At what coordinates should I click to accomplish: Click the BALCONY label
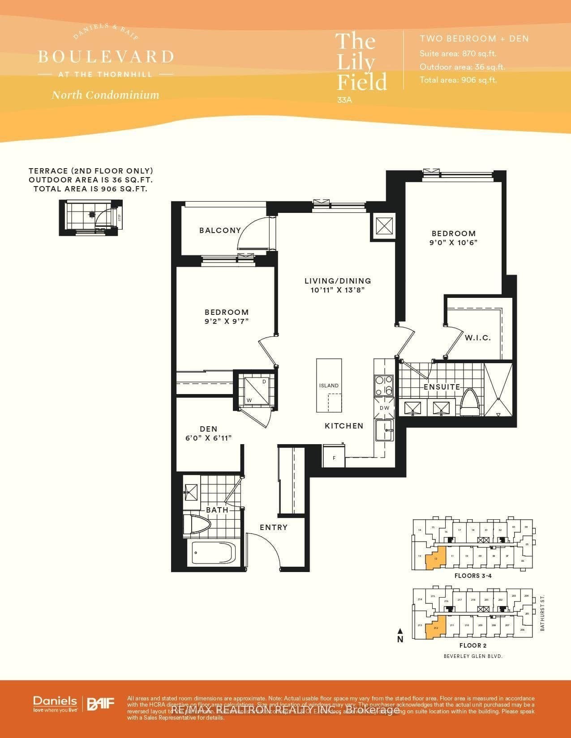220,230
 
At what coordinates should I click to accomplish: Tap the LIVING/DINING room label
338,281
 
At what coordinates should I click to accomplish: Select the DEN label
209,429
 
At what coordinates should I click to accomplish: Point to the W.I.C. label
477,338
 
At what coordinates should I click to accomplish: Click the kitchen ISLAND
329,386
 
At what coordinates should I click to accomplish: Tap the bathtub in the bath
213,554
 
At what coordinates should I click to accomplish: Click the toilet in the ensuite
470,403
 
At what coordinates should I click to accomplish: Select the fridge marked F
334,457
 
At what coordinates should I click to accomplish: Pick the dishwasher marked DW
384,408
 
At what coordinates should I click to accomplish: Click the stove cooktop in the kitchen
384,386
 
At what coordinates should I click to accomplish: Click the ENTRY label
274,527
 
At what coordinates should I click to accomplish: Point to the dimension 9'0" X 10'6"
453,242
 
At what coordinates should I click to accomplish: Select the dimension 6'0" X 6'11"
209,438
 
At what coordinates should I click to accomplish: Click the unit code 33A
344,100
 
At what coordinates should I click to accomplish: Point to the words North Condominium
105,95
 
